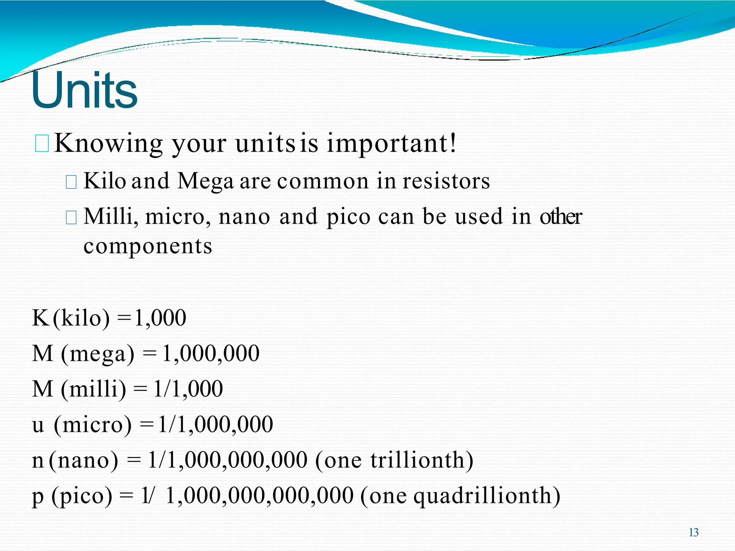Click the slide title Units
click(84, 90)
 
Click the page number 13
click(693, 532)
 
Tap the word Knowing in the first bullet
click(109, 143)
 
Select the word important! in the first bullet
click(391, 143)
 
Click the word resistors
click(446, 181)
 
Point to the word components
click(148, 247)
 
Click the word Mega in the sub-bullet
click(205, 182)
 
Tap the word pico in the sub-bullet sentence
click(348, 217)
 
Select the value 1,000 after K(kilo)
click(160, 318)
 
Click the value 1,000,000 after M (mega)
click(211, 353)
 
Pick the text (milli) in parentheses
click(94, 389)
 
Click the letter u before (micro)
click(38, 425)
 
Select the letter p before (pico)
click(38, 497)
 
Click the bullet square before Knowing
click(42, 144)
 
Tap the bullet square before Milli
click(71, 217)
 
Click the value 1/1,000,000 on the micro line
click(215, 425)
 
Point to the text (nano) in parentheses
click(83, 461)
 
